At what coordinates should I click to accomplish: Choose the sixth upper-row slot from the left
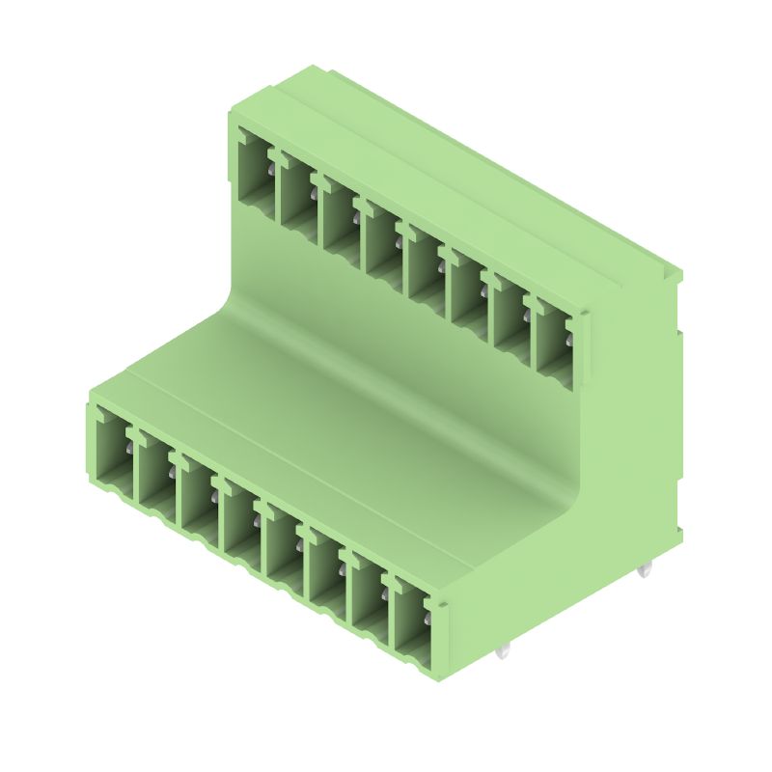coord(465,284)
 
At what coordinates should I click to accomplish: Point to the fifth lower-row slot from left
coord(284,542)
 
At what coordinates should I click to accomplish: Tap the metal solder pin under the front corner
coord(502,653)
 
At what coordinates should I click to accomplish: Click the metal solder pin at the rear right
coord(645,570)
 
